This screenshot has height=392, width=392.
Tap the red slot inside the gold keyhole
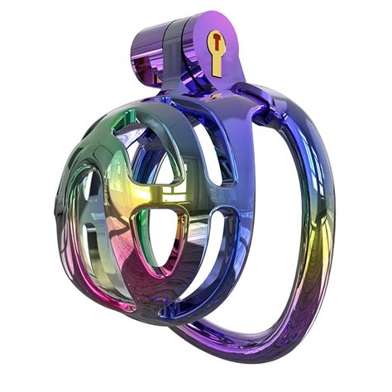coord(217,41)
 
